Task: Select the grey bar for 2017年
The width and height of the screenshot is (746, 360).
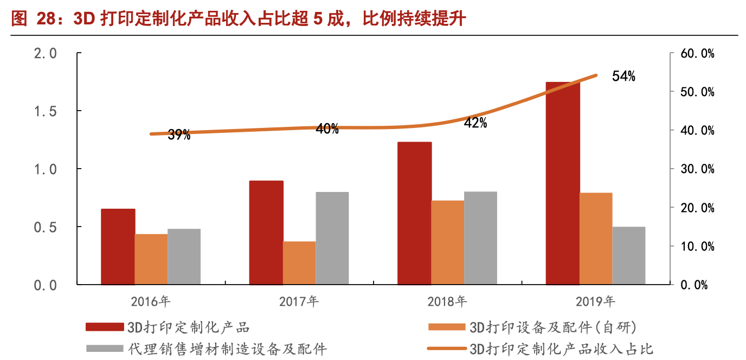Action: click(x=332, y=238)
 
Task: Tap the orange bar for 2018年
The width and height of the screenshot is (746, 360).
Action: click(x=447, y=242)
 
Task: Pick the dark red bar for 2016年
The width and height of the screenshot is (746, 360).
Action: click(x=118, y=247)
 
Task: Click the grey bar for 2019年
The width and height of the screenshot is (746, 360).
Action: click(x=629, y=255)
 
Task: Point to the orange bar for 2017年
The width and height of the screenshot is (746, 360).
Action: click(x=299, y=263)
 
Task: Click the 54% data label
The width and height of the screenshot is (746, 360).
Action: click(x=623, y=76)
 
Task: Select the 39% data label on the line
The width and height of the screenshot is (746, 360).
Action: click(x=178, y=136)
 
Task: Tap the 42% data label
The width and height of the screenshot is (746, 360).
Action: click(x=475, y=123)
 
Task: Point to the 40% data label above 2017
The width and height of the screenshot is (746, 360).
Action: click(x=327, y=129)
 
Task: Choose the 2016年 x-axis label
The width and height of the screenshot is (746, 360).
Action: click(x=151, y=301)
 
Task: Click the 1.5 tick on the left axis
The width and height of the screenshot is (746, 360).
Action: click(x=46, y=111)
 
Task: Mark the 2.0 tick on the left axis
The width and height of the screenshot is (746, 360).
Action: click(x=46, y=54)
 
